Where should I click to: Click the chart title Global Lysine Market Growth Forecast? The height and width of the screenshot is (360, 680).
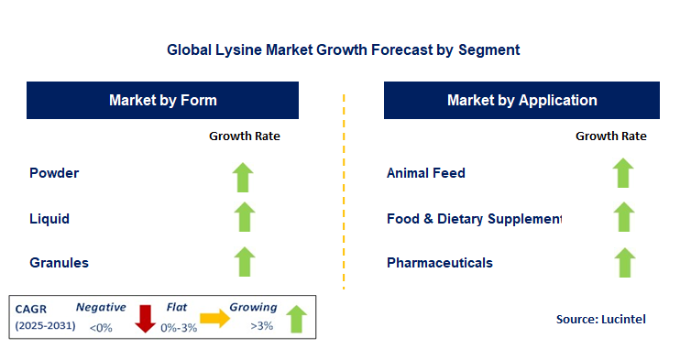[x=343, y=49]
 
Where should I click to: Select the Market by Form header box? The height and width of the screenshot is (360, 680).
[x=163, y=100]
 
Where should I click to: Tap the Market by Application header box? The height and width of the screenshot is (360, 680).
[x=521, y=100]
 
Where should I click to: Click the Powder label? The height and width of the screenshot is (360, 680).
[x=54, y=172]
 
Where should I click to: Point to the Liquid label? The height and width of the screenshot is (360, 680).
[x=49, y=219]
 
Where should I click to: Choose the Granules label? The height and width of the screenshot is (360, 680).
[x=60, y=263]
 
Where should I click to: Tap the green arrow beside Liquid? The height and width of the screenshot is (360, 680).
[x=243, y=218]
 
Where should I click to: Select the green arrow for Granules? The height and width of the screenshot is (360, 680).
[x=243, y=262]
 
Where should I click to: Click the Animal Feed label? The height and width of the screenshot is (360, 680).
[x=426, y=172]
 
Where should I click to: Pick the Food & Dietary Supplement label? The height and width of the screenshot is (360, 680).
[x=474, y=219]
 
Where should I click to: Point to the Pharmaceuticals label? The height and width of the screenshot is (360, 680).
[x=440, y=263]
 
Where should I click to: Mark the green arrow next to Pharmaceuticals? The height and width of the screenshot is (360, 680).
[x=623, y=262]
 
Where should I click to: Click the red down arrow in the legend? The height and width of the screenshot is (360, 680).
[x=144, y=318]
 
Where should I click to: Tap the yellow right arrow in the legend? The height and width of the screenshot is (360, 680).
[x=214, y=318]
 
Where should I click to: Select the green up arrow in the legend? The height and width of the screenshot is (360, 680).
[x=295, y=318]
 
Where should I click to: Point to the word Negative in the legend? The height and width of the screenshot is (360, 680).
[x=101, y=308]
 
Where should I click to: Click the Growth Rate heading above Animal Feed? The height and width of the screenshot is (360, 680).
[x=610, y=136]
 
